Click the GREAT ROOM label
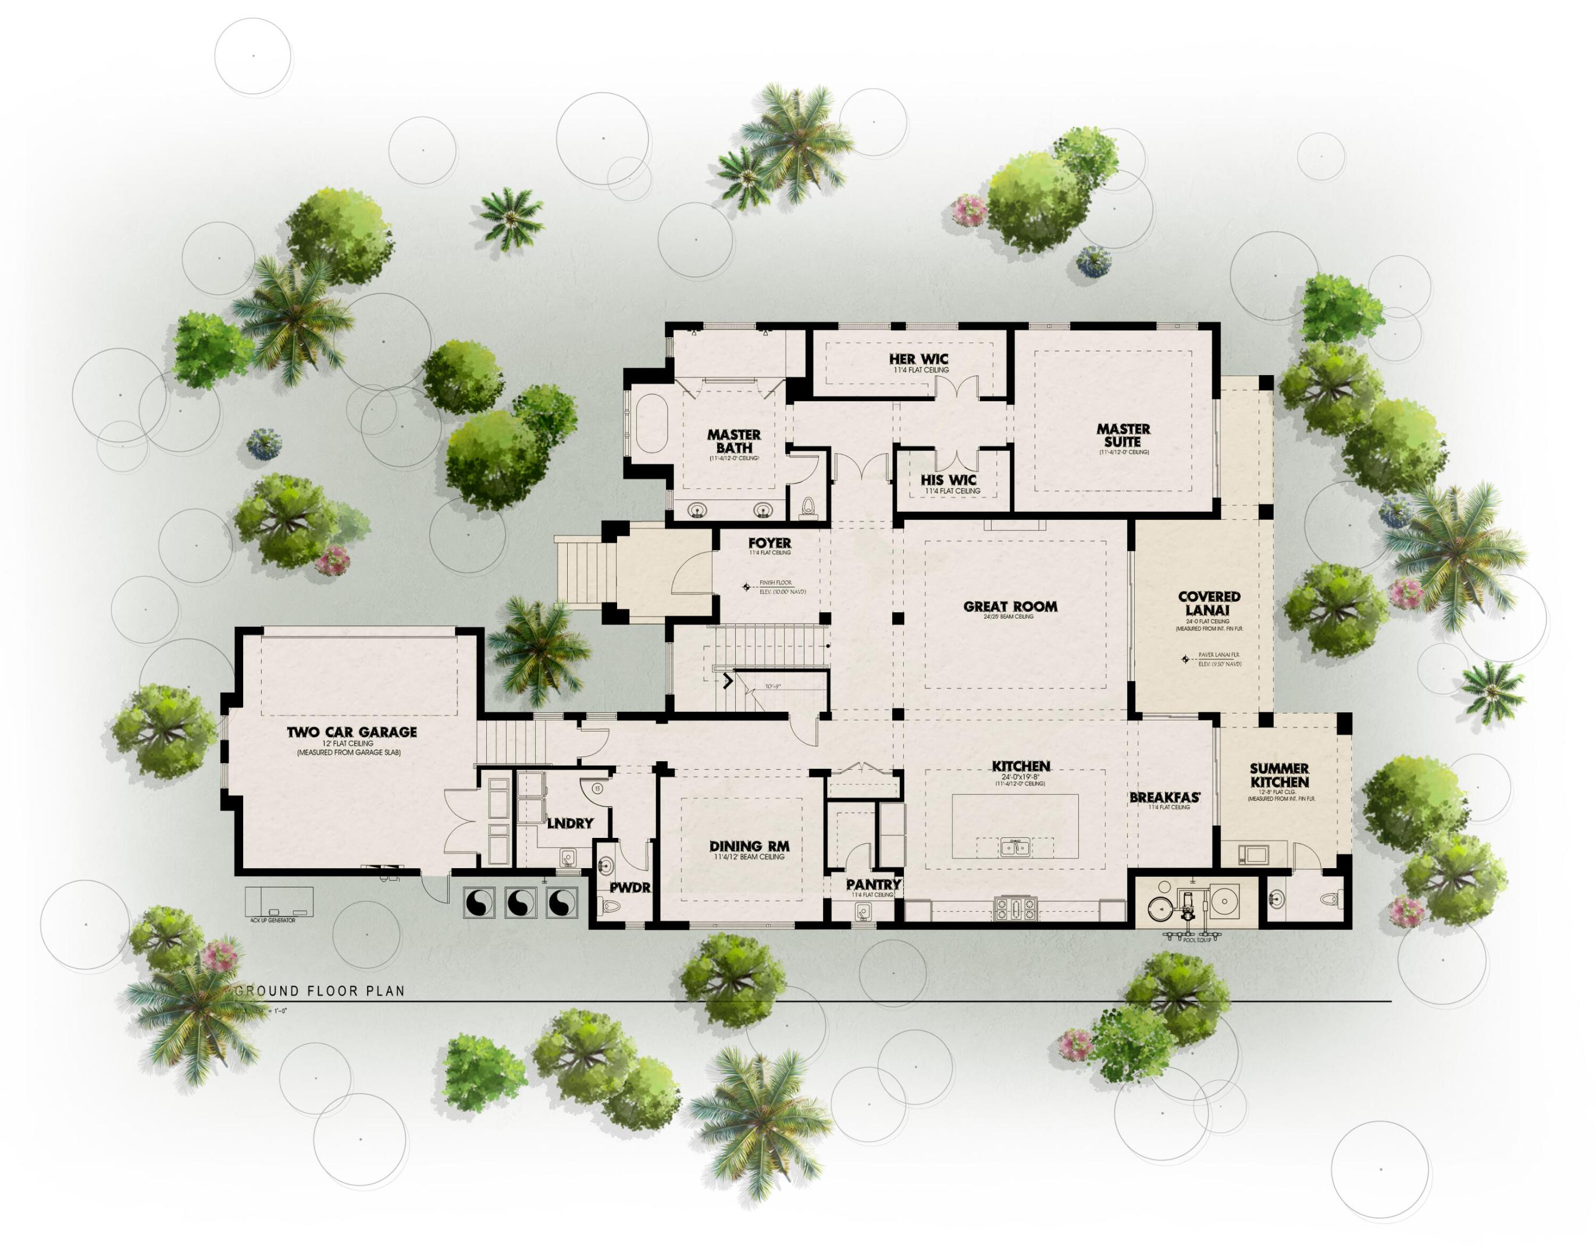click(x=1010, y=606)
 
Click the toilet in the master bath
click(x=809, y=506)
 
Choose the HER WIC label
click(x=918, y=359)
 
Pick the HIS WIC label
click(x=949, y=480)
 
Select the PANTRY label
click(x=873, y=884)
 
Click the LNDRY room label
click(x=570, y=823)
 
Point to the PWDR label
click(x=629, y=887)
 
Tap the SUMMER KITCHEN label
click(x=1279, y=776)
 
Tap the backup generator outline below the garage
click(x=280, y=901)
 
